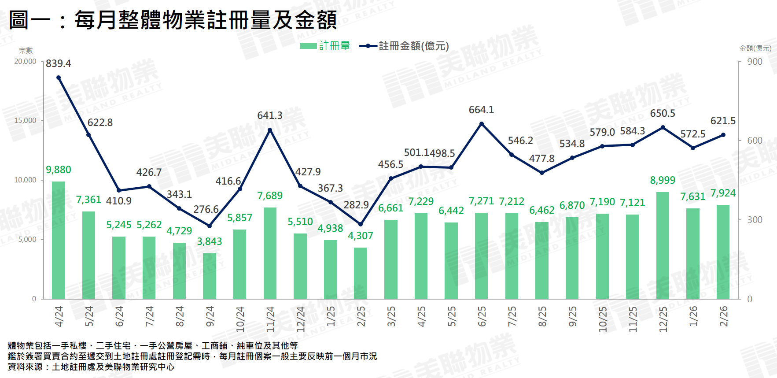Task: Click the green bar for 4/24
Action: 59,240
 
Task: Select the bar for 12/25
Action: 663,245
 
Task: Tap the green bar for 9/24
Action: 210,276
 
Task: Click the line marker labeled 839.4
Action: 59,78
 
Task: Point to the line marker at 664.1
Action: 482,124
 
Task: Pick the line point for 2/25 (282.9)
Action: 361,224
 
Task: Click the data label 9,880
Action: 59,170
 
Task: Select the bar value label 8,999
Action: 663,180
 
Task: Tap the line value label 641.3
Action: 270,115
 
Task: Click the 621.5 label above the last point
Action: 723,121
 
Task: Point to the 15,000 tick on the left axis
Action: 26,121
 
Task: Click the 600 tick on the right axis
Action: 755,141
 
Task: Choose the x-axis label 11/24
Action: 270,319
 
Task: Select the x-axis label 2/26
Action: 723,316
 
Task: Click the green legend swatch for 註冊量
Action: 308,46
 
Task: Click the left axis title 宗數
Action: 26,51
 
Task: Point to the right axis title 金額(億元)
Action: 755,48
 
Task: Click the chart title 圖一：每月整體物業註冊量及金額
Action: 173,20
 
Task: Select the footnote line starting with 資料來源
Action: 91,367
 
